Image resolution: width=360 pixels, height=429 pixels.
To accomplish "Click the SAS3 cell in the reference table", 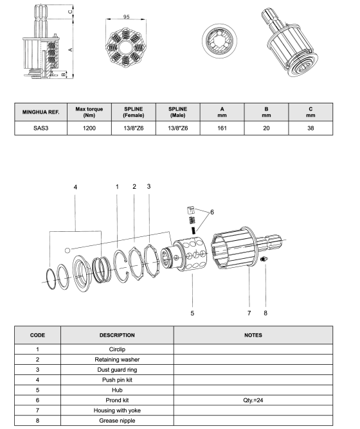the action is coord(41,128).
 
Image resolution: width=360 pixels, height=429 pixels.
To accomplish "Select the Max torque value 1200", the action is coord(89,128).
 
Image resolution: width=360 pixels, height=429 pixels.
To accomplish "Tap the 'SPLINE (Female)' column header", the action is coord(134,112).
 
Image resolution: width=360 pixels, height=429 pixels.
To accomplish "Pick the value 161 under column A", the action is coord(222,128).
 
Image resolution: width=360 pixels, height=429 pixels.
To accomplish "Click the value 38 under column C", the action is coord(310,128).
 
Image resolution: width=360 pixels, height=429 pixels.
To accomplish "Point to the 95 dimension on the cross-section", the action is coord(126,17).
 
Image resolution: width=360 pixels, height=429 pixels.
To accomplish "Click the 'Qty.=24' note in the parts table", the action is coord(253,400).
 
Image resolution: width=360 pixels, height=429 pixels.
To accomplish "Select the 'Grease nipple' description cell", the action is coord(117,421).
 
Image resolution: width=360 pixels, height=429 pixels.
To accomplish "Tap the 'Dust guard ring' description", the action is coord(117,370).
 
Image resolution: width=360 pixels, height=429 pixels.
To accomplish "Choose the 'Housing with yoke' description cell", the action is coord(117,410).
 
